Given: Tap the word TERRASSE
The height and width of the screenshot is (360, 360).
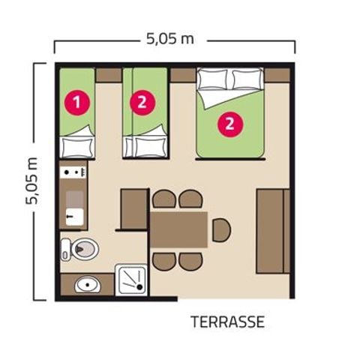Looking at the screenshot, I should click(x=227, y=322).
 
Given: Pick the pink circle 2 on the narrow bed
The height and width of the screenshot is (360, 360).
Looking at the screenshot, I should click(x=142, y=101).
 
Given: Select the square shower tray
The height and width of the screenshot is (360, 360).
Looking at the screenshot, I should click(x=131, y=280).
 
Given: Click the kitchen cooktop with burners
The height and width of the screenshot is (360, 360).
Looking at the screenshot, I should click(x=74, y=175).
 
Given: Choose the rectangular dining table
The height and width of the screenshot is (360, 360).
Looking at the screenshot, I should click(x=179, y=229).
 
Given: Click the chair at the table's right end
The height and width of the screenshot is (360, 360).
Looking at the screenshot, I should click(x=220, y=229).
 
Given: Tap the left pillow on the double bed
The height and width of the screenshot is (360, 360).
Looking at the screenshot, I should click(x=212, y=79).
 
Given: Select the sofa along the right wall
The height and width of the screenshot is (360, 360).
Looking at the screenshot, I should click(x=273, y=231).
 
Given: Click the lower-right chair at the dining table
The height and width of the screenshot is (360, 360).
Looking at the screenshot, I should click(x=191, y=261).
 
